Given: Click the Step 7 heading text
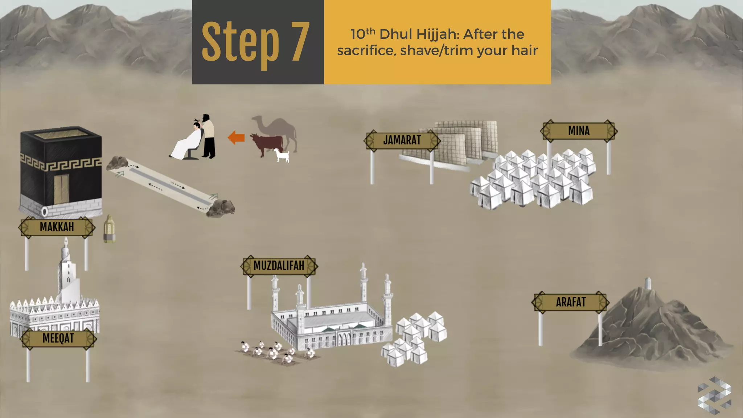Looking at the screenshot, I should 255,42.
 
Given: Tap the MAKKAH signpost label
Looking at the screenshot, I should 57,227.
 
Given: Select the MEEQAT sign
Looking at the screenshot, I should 58,339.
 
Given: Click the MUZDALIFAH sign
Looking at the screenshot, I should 279,266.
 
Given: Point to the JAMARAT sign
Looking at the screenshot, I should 402,140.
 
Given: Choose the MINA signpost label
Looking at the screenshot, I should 579,131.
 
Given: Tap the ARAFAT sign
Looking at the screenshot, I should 571,302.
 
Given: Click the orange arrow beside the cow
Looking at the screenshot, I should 236,138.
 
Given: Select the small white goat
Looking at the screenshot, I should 282,156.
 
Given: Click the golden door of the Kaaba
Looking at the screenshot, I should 62,189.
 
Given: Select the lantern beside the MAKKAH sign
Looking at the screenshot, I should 109,229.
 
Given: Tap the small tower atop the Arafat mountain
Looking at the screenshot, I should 648,283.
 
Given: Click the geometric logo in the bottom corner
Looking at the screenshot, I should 714,396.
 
